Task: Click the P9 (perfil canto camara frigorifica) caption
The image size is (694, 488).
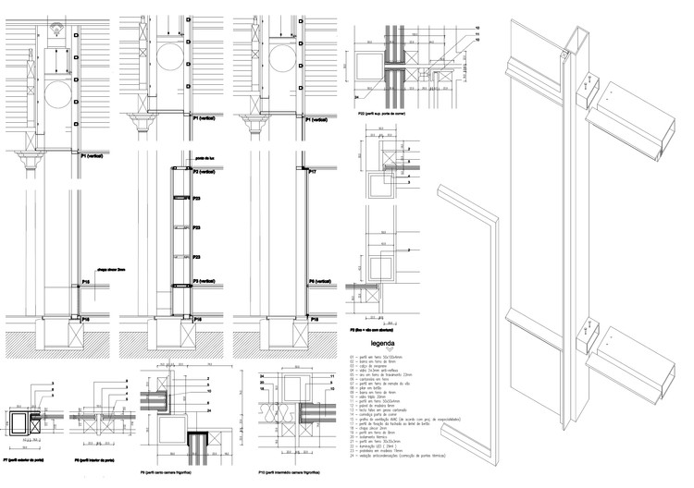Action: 180,473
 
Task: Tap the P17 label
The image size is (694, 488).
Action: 312,173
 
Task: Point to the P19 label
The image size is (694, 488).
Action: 85,280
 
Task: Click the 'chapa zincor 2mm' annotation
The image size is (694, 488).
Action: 102,269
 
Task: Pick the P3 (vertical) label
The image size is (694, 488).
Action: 204,279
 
